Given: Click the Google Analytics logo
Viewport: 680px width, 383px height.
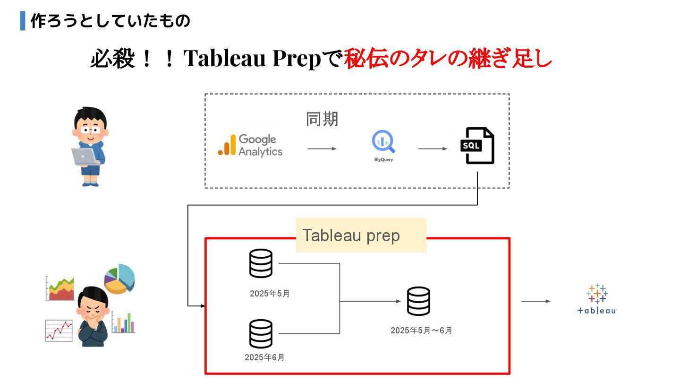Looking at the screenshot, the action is click(250, 146).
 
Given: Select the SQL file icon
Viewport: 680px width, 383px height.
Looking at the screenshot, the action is click(477, 146).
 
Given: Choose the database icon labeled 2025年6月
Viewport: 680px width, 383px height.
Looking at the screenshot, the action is click(261, 334).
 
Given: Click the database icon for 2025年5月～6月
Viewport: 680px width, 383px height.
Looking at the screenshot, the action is click(418, 301).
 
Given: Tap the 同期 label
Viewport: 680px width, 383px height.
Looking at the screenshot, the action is click(322, 119).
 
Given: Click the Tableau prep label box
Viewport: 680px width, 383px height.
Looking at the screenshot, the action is click(361, 235).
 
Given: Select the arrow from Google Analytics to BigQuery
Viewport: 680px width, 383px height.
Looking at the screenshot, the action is click(322, 149).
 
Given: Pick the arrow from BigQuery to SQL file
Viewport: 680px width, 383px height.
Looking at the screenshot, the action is click(433, 149).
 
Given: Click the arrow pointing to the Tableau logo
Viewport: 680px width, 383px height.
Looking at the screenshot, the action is click(536, 301).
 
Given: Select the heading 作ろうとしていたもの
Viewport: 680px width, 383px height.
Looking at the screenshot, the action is click(110, 21).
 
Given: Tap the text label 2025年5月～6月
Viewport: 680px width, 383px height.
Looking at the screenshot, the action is click(421, 331).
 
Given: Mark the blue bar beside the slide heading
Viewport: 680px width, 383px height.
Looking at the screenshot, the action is click(23, 21).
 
